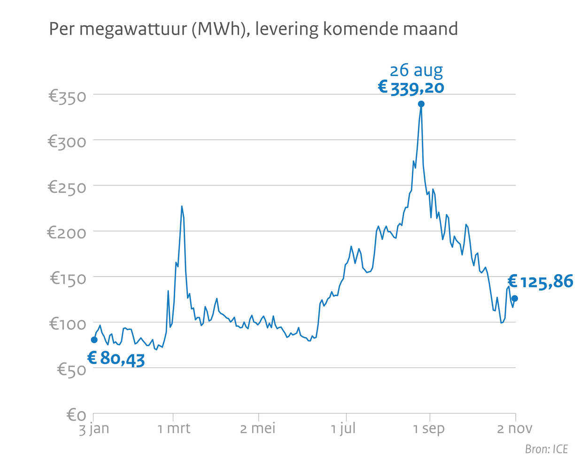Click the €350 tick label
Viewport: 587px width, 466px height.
pos(67,97)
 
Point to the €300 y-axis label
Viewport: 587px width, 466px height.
pos(67,142)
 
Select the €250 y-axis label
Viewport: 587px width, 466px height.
pos(67,187)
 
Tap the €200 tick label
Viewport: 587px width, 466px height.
pos(67,233)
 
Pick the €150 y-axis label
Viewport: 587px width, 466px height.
pos(68,278)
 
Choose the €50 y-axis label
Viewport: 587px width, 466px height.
pos(72,370)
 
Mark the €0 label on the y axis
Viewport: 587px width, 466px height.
pos(77,415)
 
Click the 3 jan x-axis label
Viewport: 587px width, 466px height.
pos(93,428)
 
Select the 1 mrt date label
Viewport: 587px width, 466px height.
pos(174,428)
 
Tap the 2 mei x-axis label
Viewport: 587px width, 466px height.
pos(258,428)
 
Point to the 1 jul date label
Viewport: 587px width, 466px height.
pos(343,428)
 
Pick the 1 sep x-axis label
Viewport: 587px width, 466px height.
pos(429,428)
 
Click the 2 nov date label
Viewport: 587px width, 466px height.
pos(515,428)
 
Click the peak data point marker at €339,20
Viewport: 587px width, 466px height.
pos(421,104)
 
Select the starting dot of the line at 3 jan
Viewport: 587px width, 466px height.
pos(94,340)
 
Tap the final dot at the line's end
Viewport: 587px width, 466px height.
pos(515,298)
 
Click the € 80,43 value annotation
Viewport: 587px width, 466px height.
pos(116,359)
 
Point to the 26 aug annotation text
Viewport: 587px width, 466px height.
pos(417,70)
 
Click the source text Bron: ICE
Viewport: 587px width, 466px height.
pos(546,449)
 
